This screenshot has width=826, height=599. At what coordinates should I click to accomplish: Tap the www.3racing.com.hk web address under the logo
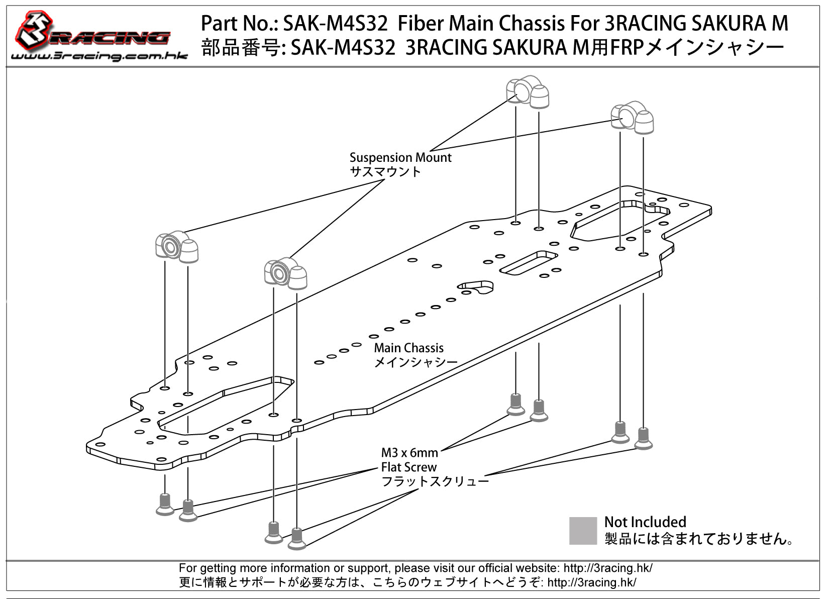99,56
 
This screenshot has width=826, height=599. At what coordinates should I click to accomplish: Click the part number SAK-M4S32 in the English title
335,23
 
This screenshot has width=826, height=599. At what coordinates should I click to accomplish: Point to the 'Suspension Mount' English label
400,157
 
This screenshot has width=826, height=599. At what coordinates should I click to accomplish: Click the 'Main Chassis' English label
408,348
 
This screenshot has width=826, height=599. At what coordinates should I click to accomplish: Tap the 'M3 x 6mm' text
409,453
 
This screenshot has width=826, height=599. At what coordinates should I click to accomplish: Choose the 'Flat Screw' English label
408,467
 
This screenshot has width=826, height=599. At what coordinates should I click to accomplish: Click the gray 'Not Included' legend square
583,530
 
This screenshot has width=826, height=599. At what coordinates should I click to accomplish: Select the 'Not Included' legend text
645,522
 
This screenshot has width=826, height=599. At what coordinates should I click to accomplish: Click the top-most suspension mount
527,91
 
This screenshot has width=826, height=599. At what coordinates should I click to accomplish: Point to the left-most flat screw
165,504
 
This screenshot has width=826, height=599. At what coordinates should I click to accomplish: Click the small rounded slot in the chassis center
475,287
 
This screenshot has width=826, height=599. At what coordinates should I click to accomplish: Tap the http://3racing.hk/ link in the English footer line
607,568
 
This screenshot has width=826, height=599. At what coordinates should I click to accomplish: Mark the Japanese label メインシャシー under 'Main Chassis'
416,362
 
